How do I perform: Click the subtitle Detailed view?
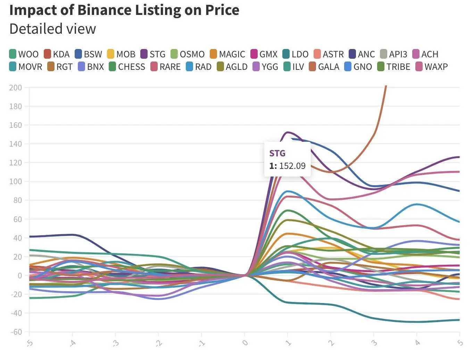(52, 29)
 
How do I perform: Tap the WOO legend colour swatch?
(13, 54)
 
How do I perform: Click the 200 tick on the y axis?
(15, 88)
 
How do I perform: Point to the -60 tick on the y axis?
(15, 332)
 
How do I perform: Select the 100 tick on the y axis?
(15, 181)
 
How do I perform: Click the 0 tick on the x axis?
(245, 343)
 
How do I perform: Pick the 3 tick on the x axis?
(374, 343)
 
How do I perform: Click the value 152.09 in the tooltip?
(292, 166)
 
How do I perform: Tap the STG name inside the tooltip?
(277, 153)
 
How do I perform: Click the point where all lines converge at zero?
(245, 276)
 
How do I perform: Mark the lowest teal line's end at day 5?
(459, 320)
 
